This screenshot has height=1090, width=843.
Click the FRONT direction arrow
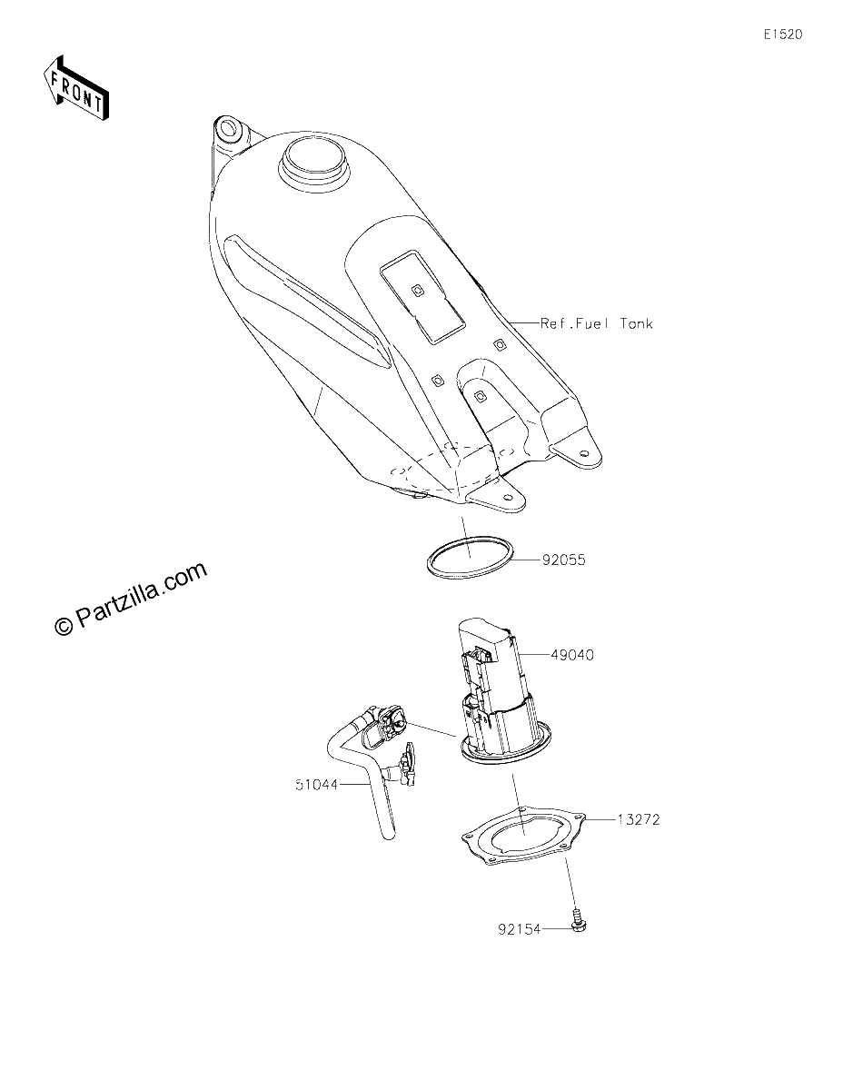tap(75, 88)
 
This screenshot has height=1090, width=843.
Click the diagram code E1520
tap(783, 35)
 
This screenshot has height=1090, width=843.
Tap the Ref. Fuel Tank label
tap(596, 323)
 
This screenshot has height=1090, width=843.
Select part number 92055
tap(564, 560)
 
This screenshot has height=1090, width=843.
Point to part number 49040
tap(572, 655)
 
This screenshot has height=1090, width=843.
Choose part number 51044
tap(316, 784)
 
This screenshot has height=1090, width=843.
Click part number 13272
tap(639, 820)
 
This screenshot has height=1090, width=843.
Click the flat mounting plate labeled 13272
tap(523, 837)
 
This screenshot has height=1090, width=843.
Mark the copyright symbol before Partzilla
tap(64, 627)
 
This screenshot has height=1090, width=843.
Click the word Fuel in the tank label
tap(592, 323)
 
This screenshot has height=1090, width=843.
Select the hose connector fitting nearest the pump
tap(392, 722)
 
